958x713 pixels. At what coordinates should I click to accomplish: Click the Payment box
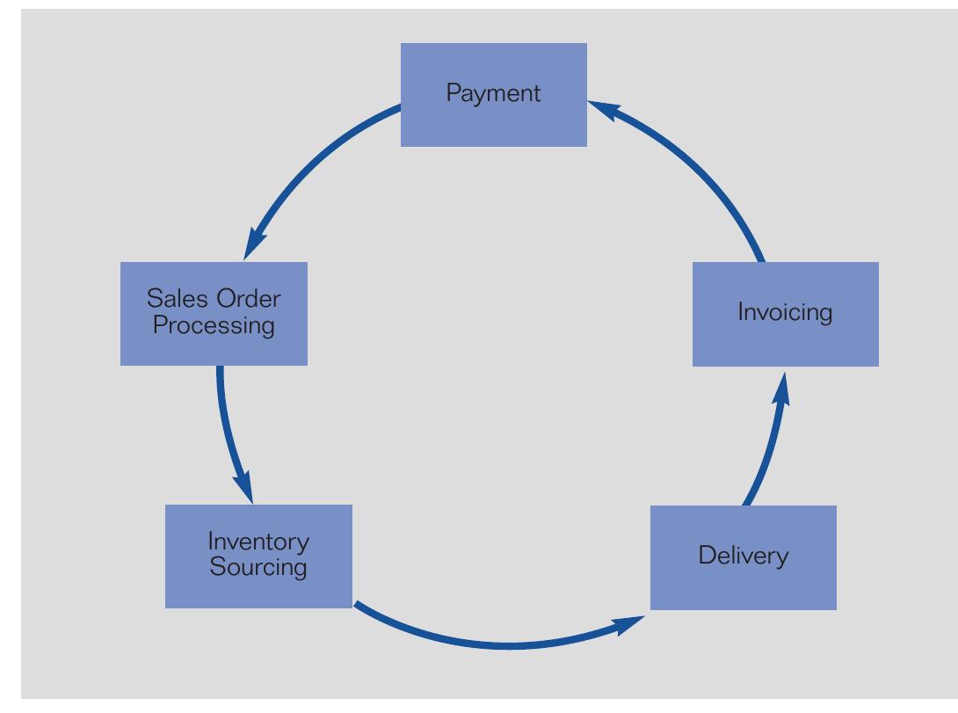click(493, 94)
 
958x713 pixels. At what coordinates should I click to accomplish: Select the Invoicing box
click(785, 313)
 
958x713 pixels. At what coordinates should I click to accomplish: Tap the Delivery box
click(743, 557)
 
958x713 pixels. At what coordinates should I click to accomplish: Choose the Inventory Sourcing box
click(258, 556)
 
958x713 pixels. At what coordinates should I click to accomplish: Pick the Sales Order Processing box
click(214, 313)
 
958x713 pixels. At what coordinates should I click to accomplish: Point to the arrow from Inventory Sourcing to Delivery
click(501, 646)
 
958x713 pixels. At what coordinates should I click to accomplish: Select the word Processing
click(214, 326)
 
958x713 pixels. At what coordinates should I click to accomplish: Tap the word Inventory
click(258, 542)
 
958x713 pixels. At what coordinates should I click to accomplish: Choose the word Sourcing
click(258, 568)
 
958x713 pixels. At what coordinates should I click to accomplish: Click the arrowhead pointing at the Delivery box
click(629, 623)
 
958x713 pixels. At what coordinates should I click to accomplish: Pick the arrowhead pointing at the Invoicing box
click(781, 388)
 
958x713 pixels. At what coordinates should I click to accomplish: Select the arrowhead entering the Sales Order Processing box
click(254, 243)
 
